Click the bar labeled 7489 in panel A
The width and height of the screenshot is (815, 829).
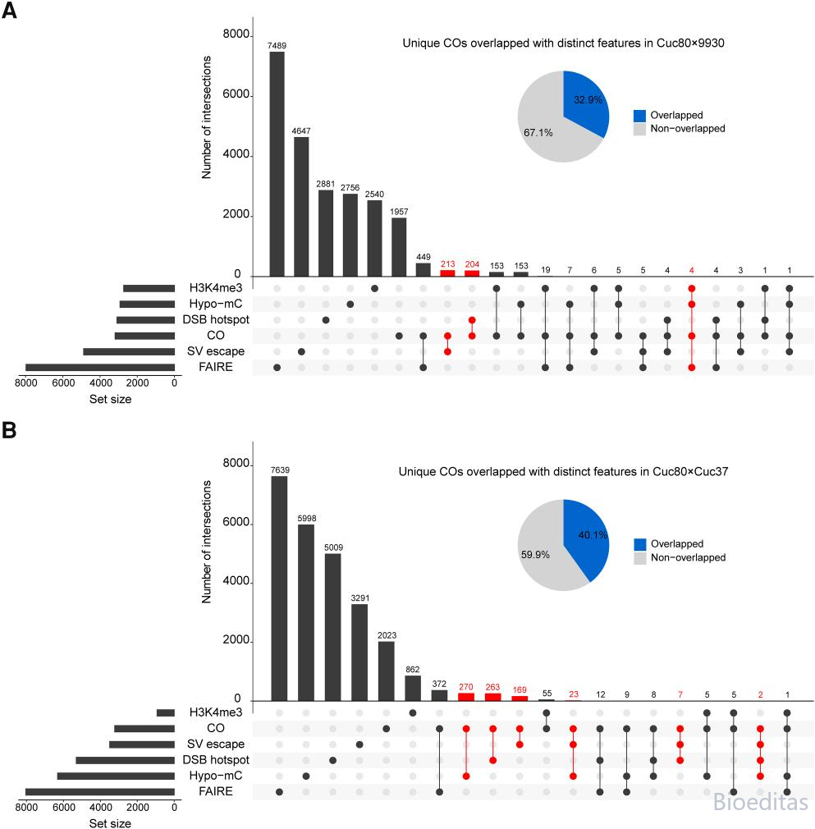coord(277,164)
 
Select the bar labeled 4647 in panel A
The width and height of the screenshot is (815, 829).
coord(301,207)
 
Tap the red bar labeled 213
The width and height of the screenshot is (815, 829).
coord(447,273)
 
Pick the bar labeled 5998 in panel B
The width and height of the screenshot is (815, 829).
coord(306,613)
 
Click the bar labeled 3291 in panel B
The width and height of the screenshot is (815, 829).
coord(359,653)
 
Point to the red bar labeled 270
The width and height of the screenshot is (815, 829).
coord(465,697)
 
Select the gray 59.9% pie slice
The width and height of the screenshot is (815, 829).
coord(542,550)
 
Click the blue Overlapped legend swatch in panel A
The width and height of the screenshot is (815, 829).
coord(639,116)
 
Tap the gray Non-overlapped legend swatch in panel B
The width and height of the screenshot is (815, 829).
coord(639,558)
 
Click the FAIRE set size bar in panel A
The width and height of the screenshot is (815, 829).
coord(100,368)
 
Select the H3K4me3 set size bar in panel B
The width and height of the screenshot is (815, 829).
coord(166,712)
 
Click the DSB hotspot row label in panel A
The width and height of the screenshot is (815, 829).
coord(216,320)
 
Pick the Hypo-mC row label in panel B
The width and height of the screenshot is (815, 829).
coord(216,776)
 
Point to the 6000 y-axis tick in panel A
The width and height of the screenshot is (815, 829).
coord(236,94)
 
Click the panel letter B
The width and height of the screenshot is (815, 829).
coord(9,430)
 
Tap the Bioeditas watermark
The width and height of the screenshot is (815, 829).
coord(761,802)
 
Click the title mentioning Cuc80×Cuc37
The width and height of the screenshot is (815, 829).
coord(563,472)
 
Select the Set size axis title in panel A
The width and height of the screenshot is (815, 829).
coord(111,399)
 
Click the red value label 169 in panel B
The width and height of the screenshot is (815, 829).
coord(520,690)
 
